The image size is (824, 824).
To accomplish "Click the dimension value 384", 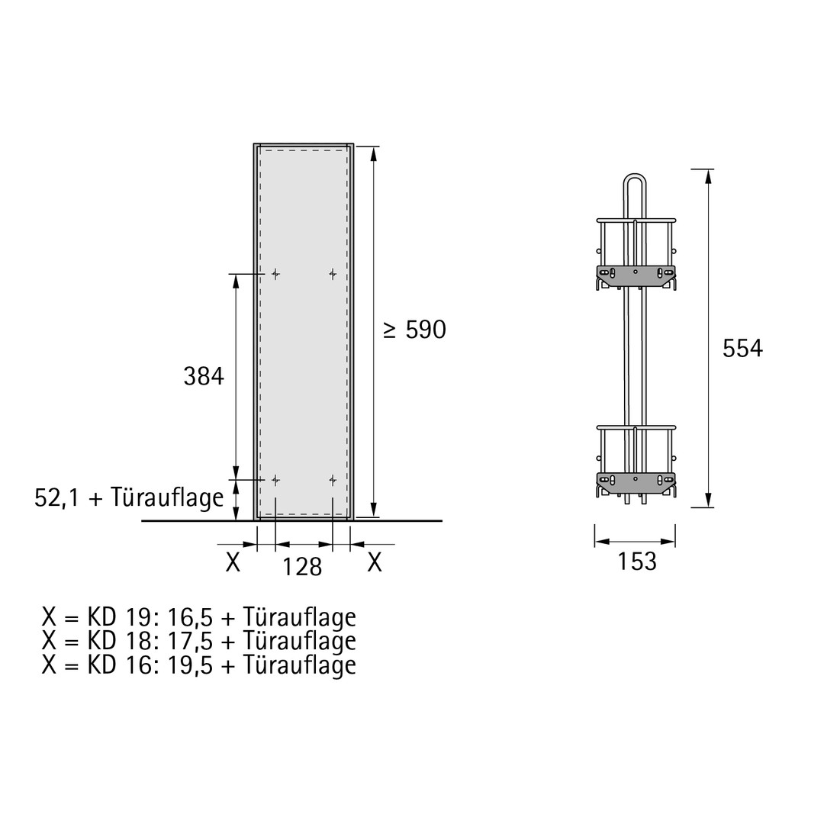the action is click(x=204, y=376).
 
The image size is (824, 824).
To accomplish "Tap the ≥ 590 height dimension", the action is click(x=414, y=330).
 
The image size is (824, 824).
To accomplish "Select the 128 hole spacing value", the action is click(x=302, y=566).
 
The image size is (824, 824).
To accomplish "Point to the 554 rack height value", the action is click(x=742, y=349).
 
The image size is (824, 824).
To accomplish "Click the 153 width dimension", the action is click(x=637, y=562).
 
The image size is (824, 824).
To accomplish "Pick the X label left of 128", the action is click(x=233, y=562).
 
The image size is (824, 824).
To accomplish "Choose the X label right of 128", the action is click(x=374, y=562).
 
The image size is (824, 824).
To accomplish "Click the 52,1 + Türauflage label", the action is click(x=129, y=497).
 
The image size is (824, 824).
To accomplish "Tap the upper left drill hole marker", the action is click(x=275, y=274).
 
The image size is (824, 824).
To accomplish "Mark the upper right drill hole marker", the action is click(x=333, y=274).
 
